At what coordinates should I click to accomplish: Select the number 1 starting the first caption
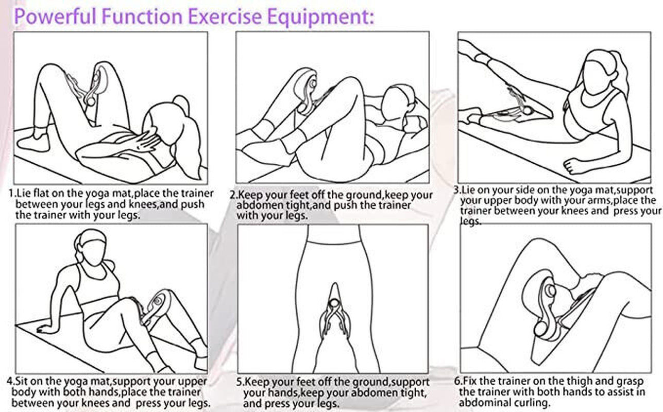(x=11, y=194)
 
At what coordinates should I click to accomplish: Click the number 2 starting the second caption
(x=233, y=196)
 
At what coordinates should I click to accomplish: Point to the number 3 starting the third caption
(x=456, y=190)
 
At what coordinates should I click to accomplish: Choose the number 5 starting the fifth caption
(x=240, y=383)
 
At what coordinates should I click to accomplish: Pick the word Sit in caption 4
(x=23, y=382)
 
